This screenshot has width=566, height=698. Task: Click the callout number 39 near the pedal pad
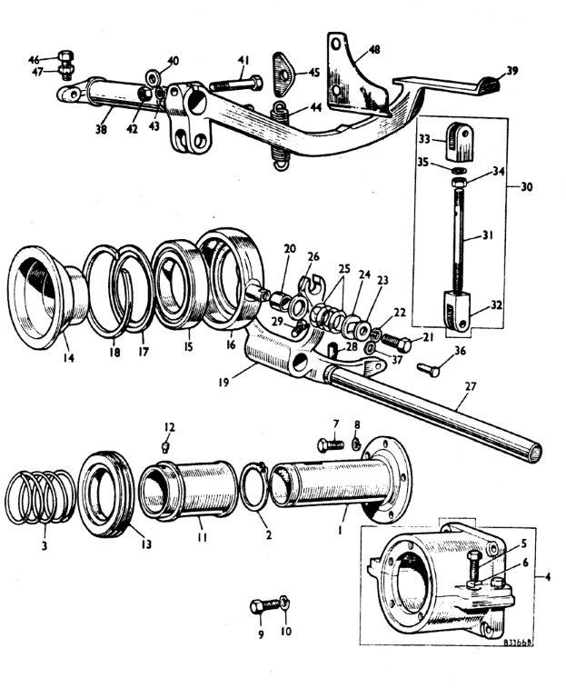point(513,71)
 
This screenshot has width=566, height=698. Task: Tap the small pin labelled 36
point(430,370)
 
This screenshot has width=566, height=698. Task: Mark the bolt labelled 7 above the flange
point(329,445)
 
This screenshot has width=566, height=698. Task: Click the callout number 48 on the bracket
point(373,49)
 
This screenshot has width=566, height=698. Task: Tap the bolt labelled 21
point(396,344)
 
